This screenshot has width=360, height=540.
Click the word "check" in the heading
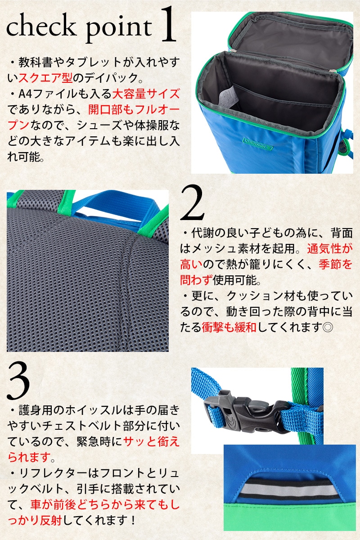pyautogui.click(x=41, y=25)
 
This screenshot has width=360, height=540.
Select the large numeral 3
pyautogui.click(x=18, y=381)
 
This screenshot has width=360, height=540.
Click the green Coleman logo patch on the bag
pyautogui.click(x=257, y=144)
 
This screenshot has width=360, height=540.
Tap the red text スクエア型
pyautogui.click(x=45, y=77)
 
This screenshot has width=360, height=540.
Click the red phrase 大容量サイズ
pyautogui.click(x=146, y=94)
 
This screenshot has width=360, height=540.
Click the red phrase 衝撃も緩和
pyautogui.click(x=229, y=328)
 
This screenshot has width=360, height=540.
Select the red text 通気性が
pyautogui.click(x=330, y=248)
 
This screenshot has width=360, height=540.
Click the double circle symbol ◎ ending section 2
pyautogui.click(x=328, y=328)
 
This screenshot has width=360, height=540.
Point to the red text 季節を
pyautogui.click(x=335, y=265)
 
